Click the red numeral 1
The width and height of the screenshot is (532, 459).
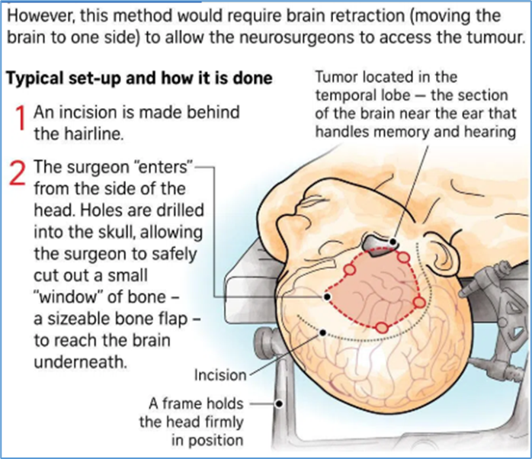coord(21,117)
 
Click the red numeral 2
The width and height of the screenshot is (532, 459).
coord(18,173)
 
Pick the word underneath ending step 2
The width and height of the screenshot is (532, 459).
coord(81,362)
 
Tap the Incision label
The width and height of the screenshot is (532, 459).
coord(220,375)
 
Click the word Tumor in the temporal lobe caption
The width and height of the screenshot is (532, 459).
coord(337,77)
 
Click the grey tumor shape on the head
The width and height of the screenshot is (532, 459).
coord(377,245)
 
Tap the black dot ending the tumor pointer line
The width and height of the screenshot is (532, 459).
coord(393,242)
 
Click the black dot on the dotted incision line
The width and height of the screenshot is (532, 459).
coord(323,332)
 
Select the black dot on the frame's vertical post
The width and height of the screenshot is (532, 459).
coord(279,404)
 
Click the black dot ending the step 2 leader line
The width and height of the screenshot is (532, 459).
coord(327,297)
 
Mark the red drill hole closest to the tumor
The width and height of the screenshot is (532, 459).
coord(403,257)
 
